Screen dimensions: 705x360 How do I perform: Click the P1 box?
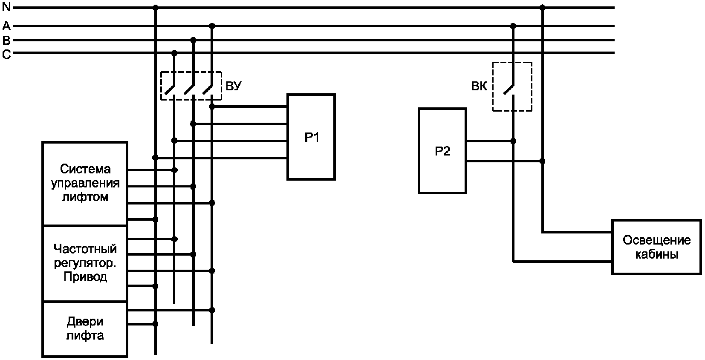(311, 137)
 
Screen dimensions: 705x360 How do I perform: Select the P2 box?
(442, 151)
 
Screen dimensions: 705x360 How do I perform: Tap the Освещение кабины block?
(656, 247)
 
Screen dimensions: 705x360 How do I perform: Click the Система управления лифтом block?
(85, 184)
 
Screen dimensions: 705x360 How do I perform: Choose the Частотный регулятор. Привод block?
(85, 263)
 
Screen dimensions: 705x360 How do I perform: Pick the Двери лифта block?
(85, 329)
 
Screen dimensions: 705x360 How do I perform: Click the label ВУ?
(234, 86)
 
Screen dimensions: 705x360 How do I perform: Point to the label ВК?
(479, 86)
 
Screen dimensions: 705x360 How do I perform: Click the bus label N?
(6, 7)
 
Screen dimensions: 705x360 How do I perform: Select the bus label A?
(6, 26)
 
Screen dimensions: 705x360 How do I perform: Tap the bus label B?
(6, 40)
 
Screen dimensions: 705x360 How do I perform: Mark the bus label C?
(6, 55)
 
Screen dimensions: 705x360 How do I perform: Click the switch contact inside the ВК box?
(509, 89)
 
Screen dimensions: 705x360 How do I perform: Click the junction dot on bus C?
(174, 53)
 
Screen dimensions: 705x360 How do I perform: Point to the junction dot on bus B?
(193, 40)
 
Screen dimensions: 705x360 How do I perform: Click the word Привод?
(85, 277)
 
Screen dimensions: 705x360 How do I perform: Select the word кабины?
(656, 254)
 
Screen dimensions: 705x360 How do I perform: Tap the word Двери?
(85, 322)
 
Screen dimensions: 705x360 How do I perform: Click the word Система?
(85, 169)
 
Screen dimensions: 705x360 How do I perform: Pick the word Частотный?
(85, 249)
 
